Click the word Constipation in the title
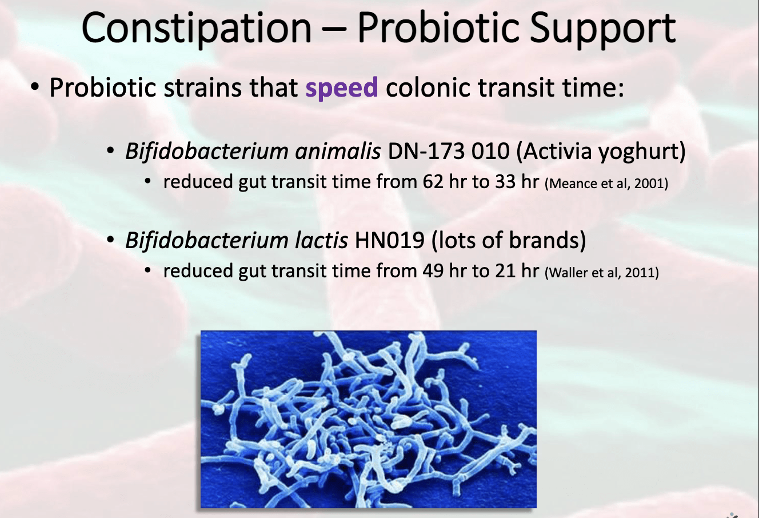pos(196,29)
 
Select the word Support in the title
pos(602,29)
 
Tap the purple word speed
pos(342,88)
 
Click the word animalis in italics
pos(338,151)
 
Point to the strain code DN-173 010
pos(448,151)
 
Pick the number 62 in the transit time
pos(433,182)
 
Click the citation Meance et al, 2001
pos(606,184)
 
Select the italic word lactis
pos(321,240)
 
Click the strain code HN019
pos(389,240)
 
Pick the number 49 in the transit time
pos(433,271)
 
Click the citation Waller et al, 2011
pos(602,273)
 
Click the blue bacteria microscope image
pos(369,419)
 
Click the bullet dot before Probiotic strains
pos(35,87)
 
